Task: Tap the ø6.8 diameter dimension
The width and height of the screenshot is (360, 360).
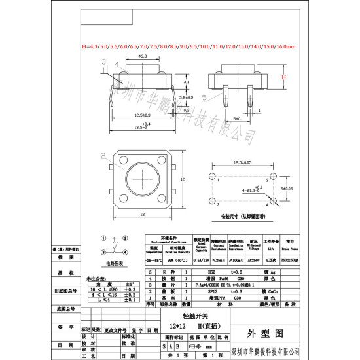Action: pyautogui.click(x=141, y=57)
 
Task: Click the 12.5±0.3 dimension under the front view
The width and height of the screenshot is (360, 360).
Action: pyautogui.click(x=141, y=115)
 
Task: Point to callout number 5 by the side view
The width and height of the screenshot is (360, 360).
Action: pyautogui.click(x=204, y=97)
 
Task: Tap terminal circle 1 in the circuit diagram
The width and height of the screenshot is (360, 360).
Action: pyautogui.click(x=103, y=240)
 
